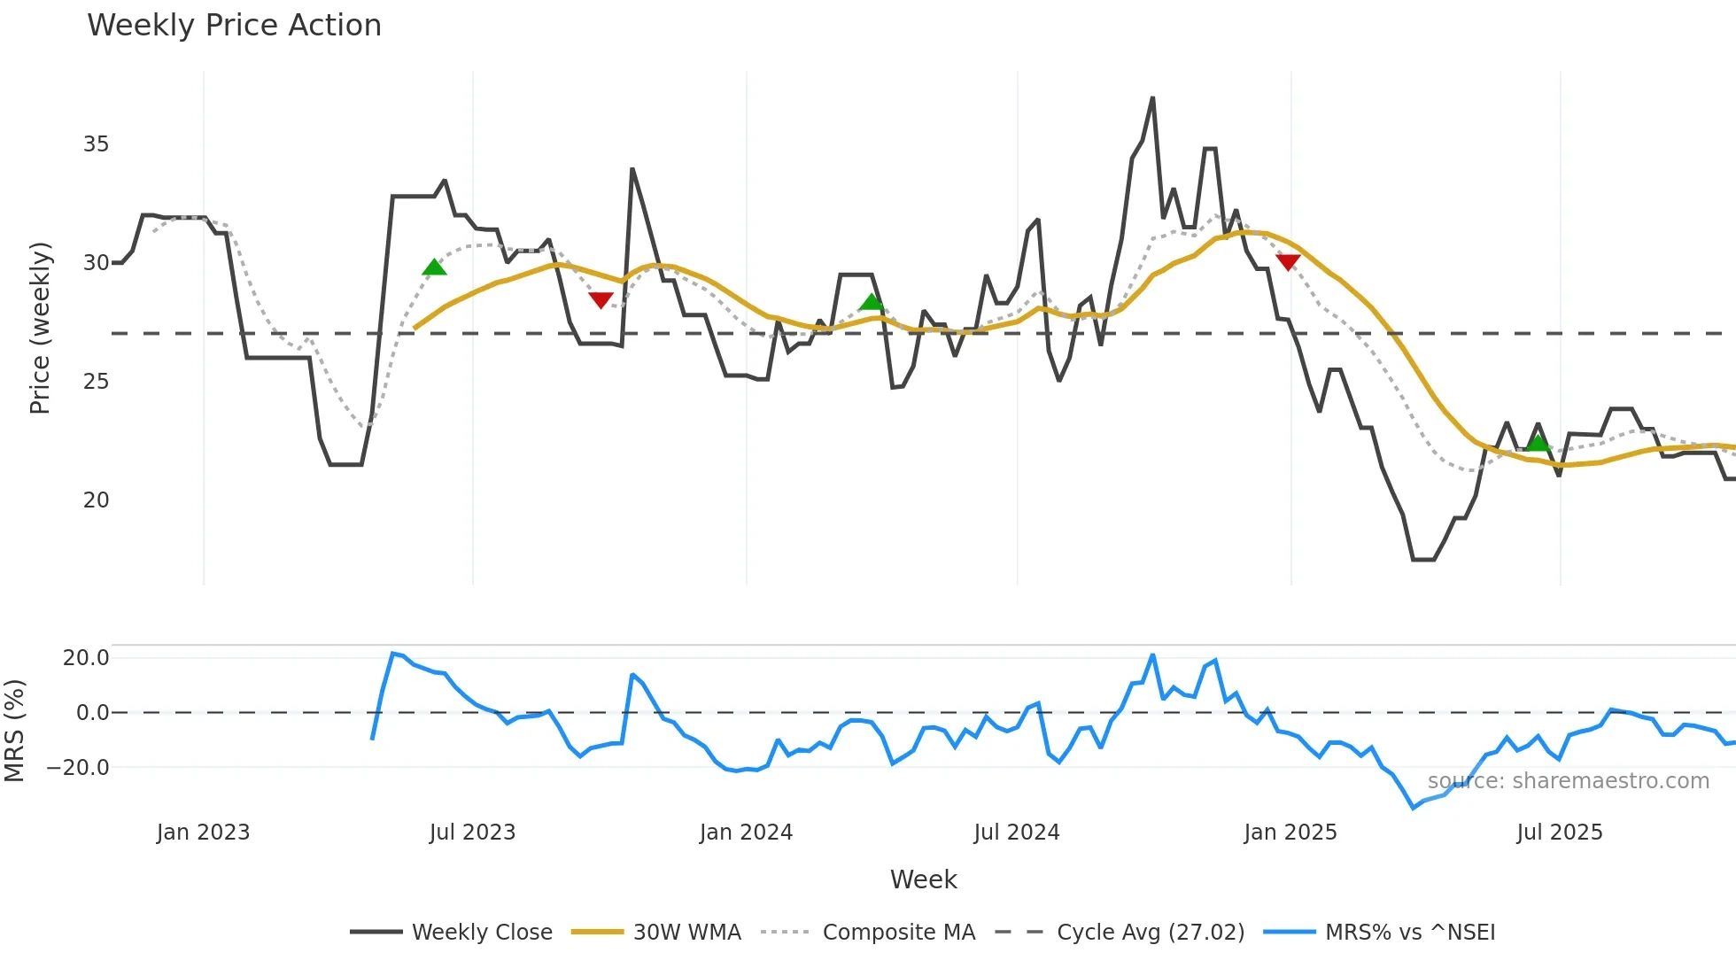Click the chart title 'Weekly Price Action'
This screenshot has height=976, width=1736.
[234, 26]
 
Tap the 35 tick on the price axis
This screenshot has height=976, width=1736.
[96, 144]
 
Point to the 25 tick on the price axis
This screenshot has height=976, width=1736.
[96, 382]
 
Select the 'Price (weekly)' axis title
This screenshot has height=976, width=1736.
[41, 328]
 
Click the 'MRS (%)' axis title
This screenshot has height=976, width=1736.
[15, 731]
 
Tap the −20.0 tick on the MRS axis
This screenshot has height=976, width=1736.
[78, 768]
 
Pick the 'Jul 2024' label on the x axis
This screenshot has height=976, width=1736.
[1016, 833]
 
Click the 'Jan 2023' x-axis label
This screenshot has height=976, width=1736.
[203, 833]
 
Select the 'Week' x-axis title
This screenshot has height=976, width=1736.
[923, 879]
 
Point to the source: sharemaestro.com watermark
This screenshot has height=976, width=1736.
[1568, 781]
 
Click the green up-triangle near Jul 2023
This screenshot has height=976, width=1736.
[434, 267]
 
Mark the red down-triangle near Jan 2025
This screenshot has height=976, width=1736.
[1288, 262]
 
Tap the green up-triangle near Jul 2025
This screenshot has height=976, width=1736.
[1538, 443]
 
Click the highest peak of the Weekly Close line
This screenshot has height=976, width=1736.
[1152, 98]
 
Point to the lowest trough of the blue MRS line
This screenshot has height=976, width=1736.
[1414, 808]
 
